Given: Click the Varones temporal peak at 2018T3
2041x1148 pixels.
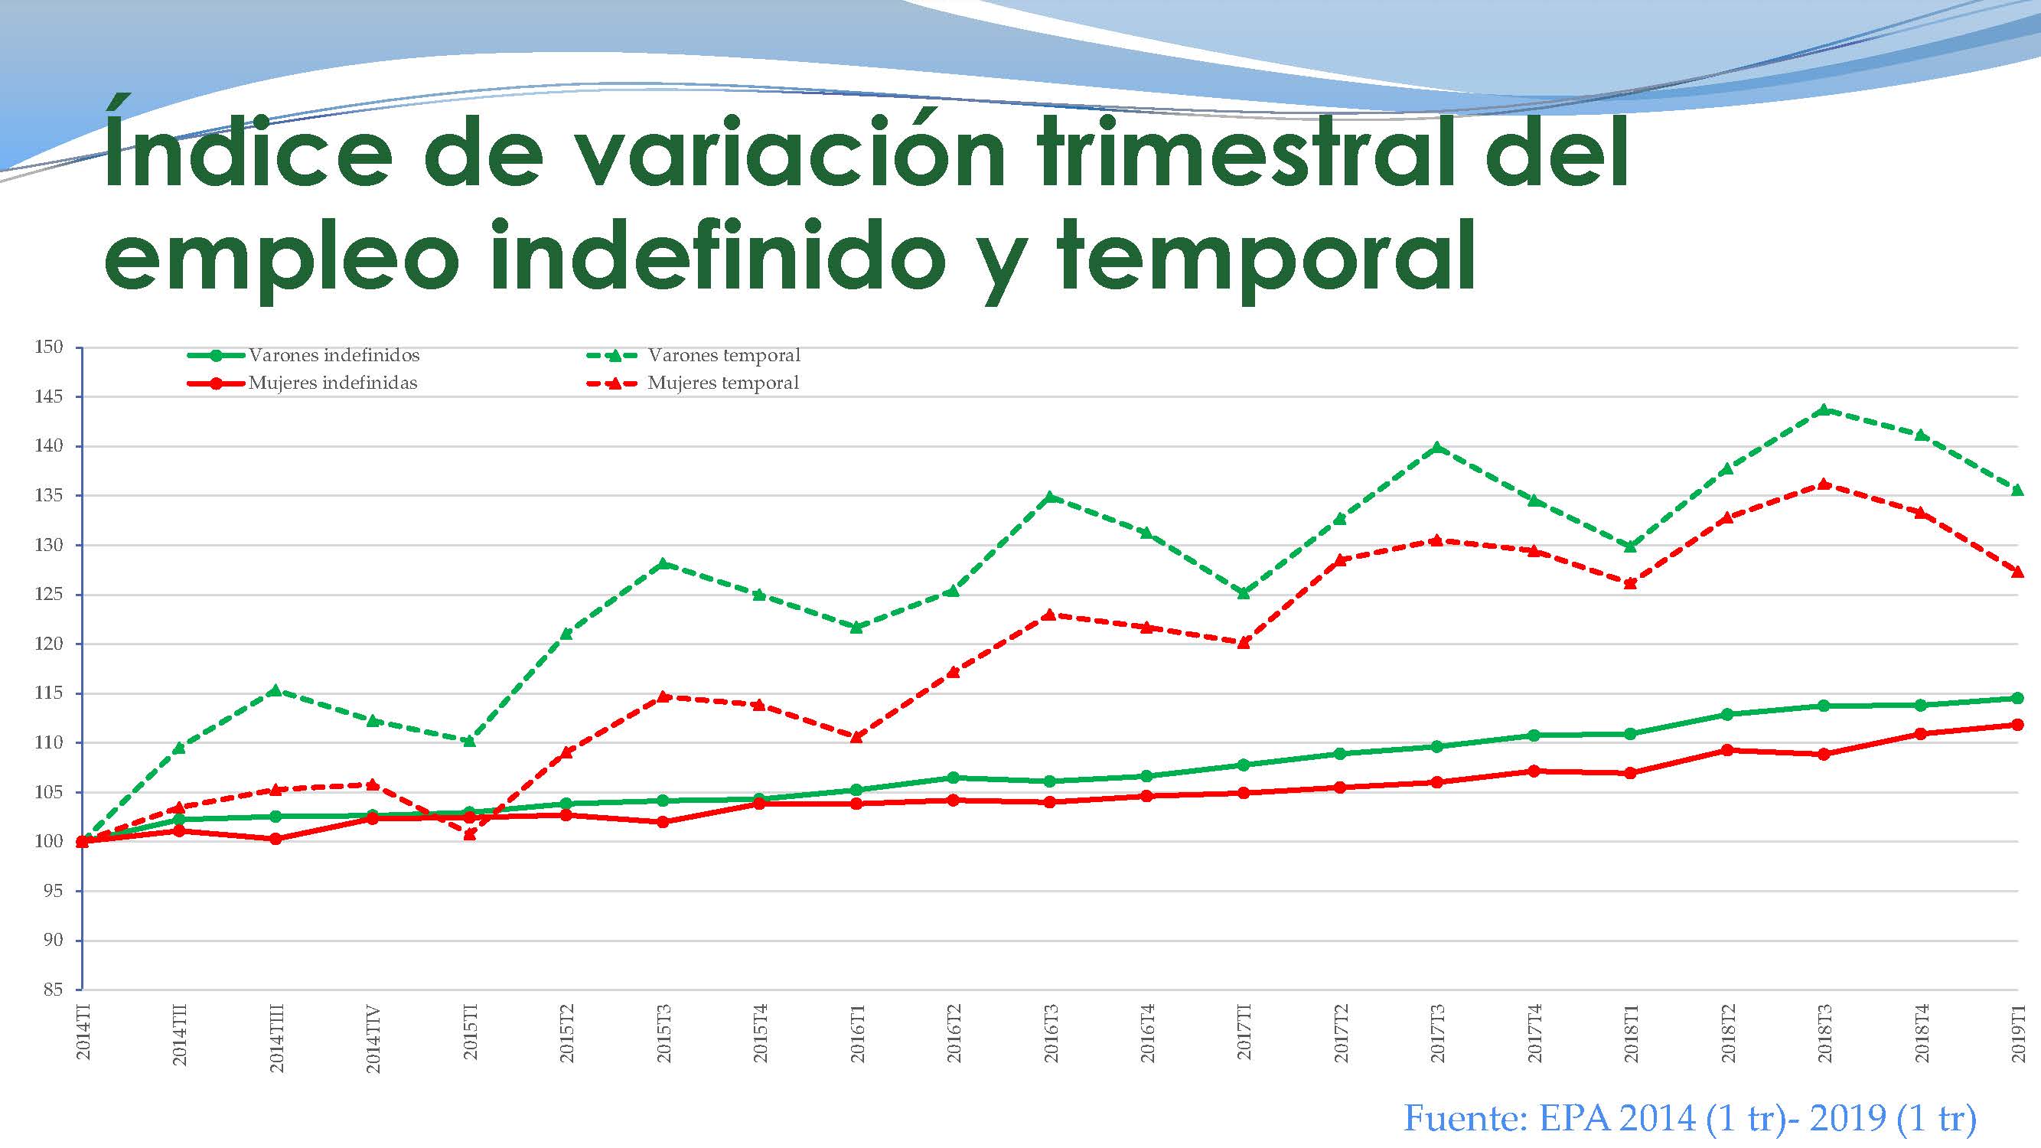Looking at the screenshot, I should (1823, 409).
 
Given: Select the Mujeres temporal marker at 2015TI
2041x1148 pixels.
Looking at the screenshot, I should (469, 833).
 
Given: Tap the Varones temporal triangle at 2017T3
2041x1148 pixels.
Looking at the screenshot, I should (1436, 448).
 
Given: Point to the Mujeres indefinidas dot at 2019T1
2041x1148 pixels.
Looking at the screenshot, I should (2017, 724).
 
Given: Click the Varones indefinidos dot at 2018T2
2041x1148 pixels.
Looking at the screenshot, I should (1727, 714).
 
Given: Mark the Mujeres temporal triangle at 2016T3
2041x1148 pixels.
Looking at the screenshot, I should (1049, 614).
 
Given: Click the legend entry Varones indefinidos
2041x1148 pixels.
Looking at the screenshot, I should (334, 355).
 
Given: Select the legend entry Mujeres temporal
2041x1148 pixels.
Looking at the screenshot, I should (722, 383).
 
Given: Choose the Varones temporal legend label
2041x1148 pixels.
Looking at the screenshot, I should (723, 355).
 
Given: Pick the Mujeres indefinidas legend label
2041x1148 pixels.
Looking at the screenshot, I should (333, 383).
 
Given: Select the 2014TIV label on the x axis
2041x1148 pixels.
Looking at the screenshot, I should (373, 1039).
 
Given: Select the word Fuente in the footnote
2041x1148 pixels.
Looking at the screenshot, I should (1465, 1118).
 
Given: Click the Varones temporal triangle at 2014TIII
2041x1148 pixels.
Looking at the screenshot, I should (275, 690).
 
